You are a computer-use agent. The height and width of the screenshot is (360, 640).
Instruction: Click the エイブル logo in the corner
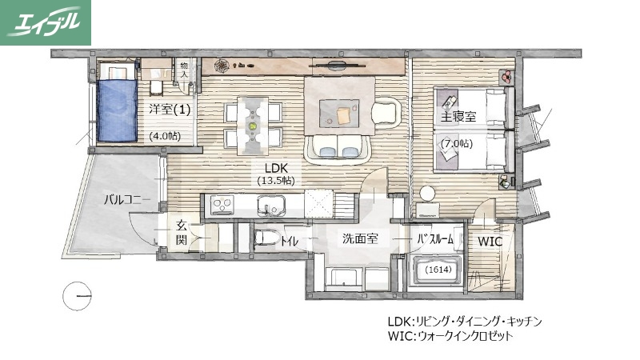pyautogui.click(x=46, y=22)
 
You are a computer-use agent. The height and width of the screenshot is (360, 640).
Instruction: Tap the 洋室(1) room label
pyautogui.click(x=169, y=109)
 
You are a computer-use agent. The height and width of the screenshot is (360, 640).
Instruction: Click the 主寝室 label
pyautogui.click(x=458, y=117)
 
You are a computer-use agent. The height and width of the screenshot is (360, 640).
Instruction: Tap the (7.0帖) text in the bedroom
pyautogui.click(x=457, y=143)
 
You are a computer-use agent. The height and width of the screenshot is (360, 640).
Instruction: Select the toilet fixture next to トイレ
pyautogui.click(x=266, y=238)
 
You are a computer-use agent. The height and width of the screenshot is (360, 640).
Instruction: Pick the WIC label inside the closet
pyautogui.click(x=490, y=241)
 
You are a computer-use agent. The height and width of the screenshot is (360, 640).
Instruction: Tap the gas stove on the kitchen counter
pyautogui.click(x=221, y=206)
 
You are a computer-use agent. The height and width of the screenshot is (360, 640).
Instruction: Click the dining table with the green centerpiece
pyautogui.click(x=254, y=125)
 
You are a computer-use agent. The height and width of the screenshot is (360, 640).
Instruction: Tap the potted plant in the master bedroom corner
pyautogui.click(x=506, y=77)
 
